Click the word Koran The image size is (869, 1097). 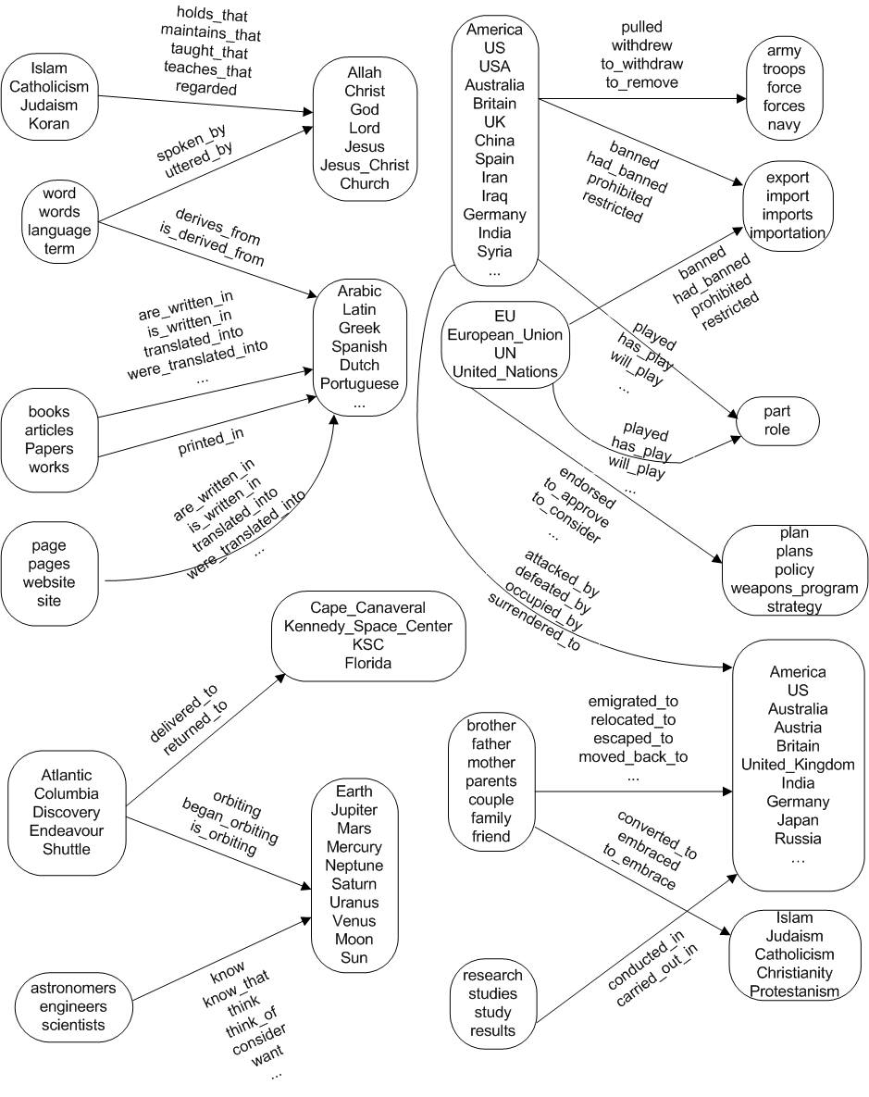coord(49,123)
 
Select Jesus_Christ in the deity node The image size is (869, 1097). coord(364,165)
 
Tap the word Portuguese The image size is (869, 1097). coord(359,383)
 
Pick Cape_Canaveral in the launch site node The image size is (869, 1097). coord(367,607)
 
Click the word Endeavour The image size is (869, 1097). coord(67,830)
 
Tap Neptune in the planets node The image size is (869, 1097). coord(354,866)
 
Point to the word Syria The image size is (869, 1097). coord(494,251)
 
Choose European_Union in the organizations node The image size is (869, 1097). coord(504,335)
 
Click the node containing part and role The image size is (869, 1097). coord(776,420)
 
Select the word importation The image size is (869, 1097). coord(788,232)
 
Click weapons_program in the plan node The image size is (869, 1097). coord(794,588)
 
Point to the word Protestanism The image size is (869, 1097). coord(794,991)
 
